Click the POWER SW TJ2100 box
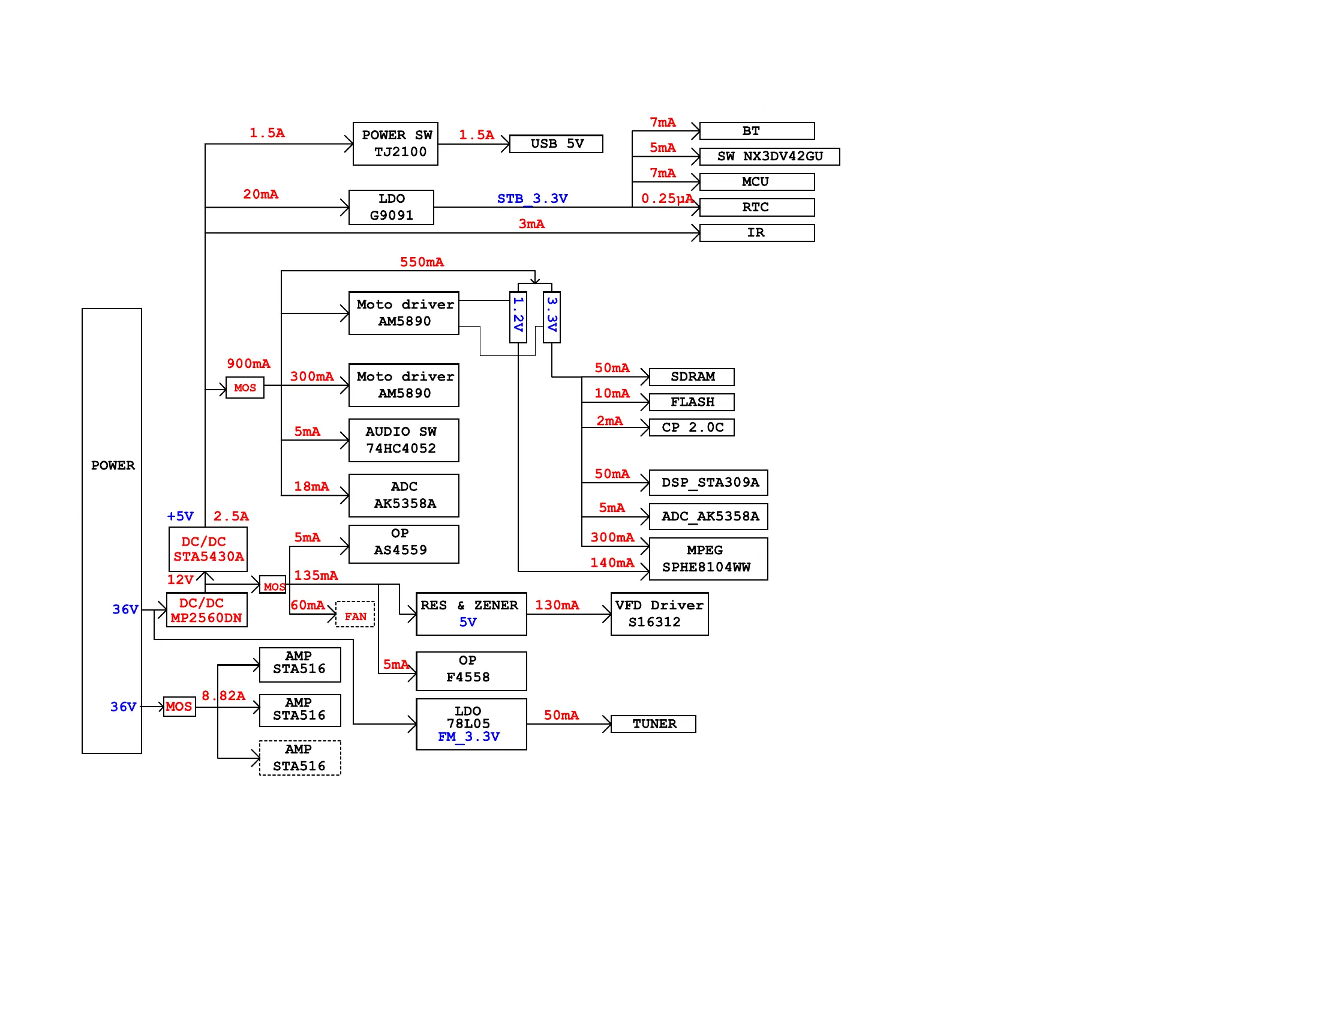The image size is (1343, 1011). (x=395, y=144)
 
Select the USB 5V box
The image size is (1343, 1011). (x=556, y=144)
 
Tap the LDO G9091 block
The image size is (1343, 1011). (x=391, y=207)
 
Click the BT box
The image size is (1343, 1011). (x=756, y=131)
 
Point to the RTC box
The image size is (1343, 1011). (x=756, y=207)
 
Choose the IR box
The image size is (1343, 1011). (x=756, y=233)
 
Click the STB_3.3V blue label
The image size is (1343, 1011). (x=532, y=199)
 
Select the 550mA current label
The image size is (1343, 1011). (x=421, y=262)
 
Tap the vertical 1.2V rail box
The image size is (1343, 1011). (x=518, y=317)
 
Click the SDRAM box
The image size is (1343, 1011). (x=692, y=376)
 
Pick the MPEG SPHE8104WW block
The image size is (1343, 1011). (x=708, y=558)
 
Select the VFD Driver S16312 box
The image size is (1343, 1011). (x=659, y=614)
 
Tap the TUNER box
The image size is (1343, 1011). (x=653, y=723)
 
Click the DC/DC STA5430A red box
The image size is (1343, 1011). (x=208, y=549)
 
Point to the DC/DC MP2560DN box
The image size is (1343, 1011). (x=206, y=610)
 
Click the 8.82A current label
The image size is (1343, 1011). (x=223, y=696)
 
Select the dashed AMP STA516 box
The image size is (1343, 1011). (x=300, y=758)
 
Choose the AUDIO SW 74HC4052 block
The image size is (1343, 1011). (x=404, y=440)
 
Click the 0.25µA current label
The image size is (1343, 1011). (x=666, y=199)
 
